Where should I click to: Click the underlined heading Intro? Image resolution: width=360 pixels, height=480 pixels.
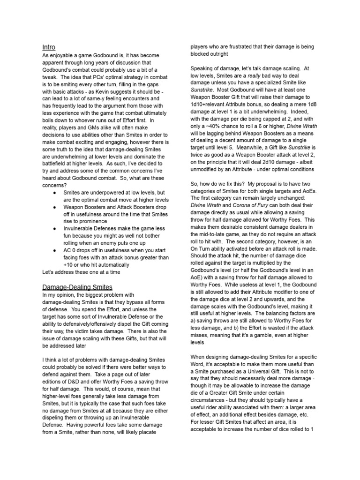tap(49, 47)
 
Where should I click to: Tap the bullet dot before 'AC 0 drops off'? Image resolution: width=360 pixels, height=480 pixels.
tap(56, 251)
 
